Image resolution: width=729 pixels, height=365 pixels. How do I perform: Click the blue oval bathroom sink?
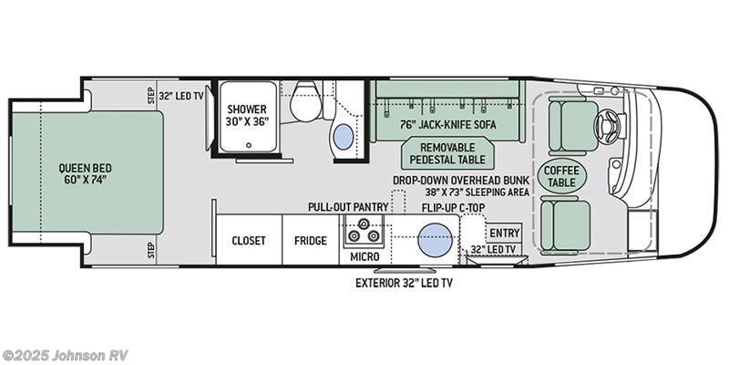[x=344, y=138]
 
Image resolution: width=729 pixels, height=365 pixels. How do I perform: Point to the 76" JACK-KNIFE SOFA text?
[x=444, y=125]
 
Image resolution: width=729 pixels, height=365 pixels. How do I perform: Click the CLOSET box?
[x=248, y=241]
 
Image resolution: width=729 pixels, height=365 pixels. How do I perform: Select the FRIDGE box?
[x=310, y=241]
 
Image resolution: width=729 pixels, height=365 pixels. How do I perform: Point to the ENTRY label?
[x=504, y=233]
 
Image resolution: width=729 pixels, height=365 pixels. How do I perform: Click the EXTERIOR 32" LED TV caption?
[x=404, y=283]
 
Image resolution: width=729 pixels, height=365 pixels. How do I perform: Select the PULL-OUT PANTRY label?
[x=347, y=207]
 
